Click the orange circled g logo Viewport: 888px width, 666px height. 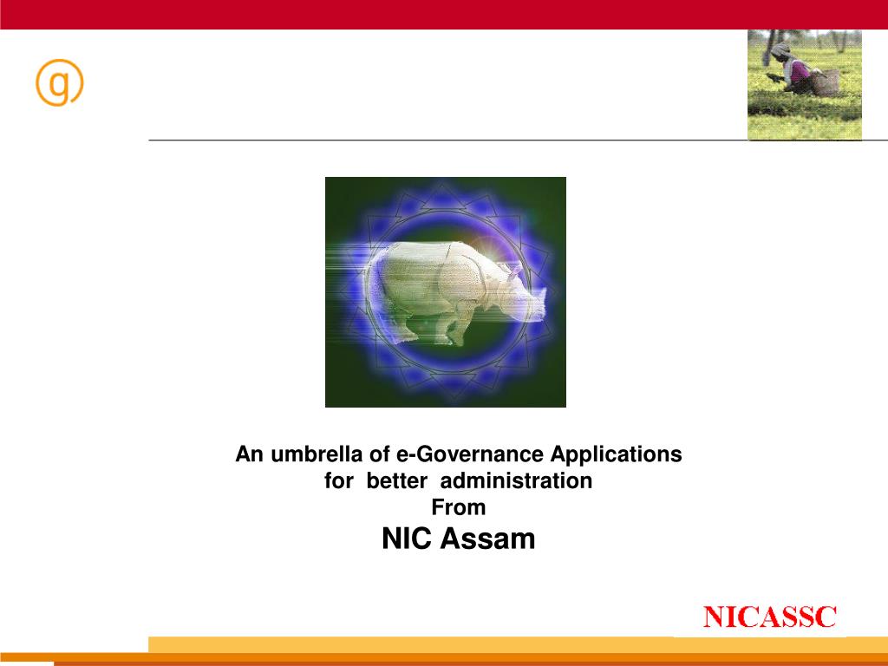click(x=59, y=84)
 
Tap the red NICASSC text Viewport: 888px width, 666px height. click(x=769, y=617)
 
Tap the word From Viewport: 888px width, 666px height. click(x=458, y=507)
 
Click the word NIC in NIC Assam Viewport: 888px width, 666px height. click(x=407, y=539)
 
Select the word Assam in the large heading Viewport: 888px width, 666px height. click(x=487, y=539)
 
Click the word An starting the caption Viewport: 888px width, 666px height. click(x=250, y=454)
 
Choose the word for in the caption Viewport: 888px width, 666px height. click(x=339, y=480)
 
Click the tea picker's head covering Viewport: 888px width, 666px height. click(x=781, y=49)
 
